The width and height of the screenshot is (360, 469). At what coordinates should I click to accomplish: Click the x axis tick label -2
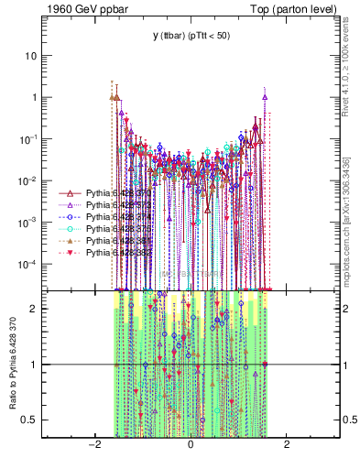pos(93,445)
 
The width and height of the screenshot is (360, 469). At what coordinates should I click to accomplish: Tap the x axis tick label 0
pos(191,445)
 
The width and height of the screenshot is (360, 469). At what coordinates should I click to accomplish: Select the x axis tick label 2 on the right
pos(287,445)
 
